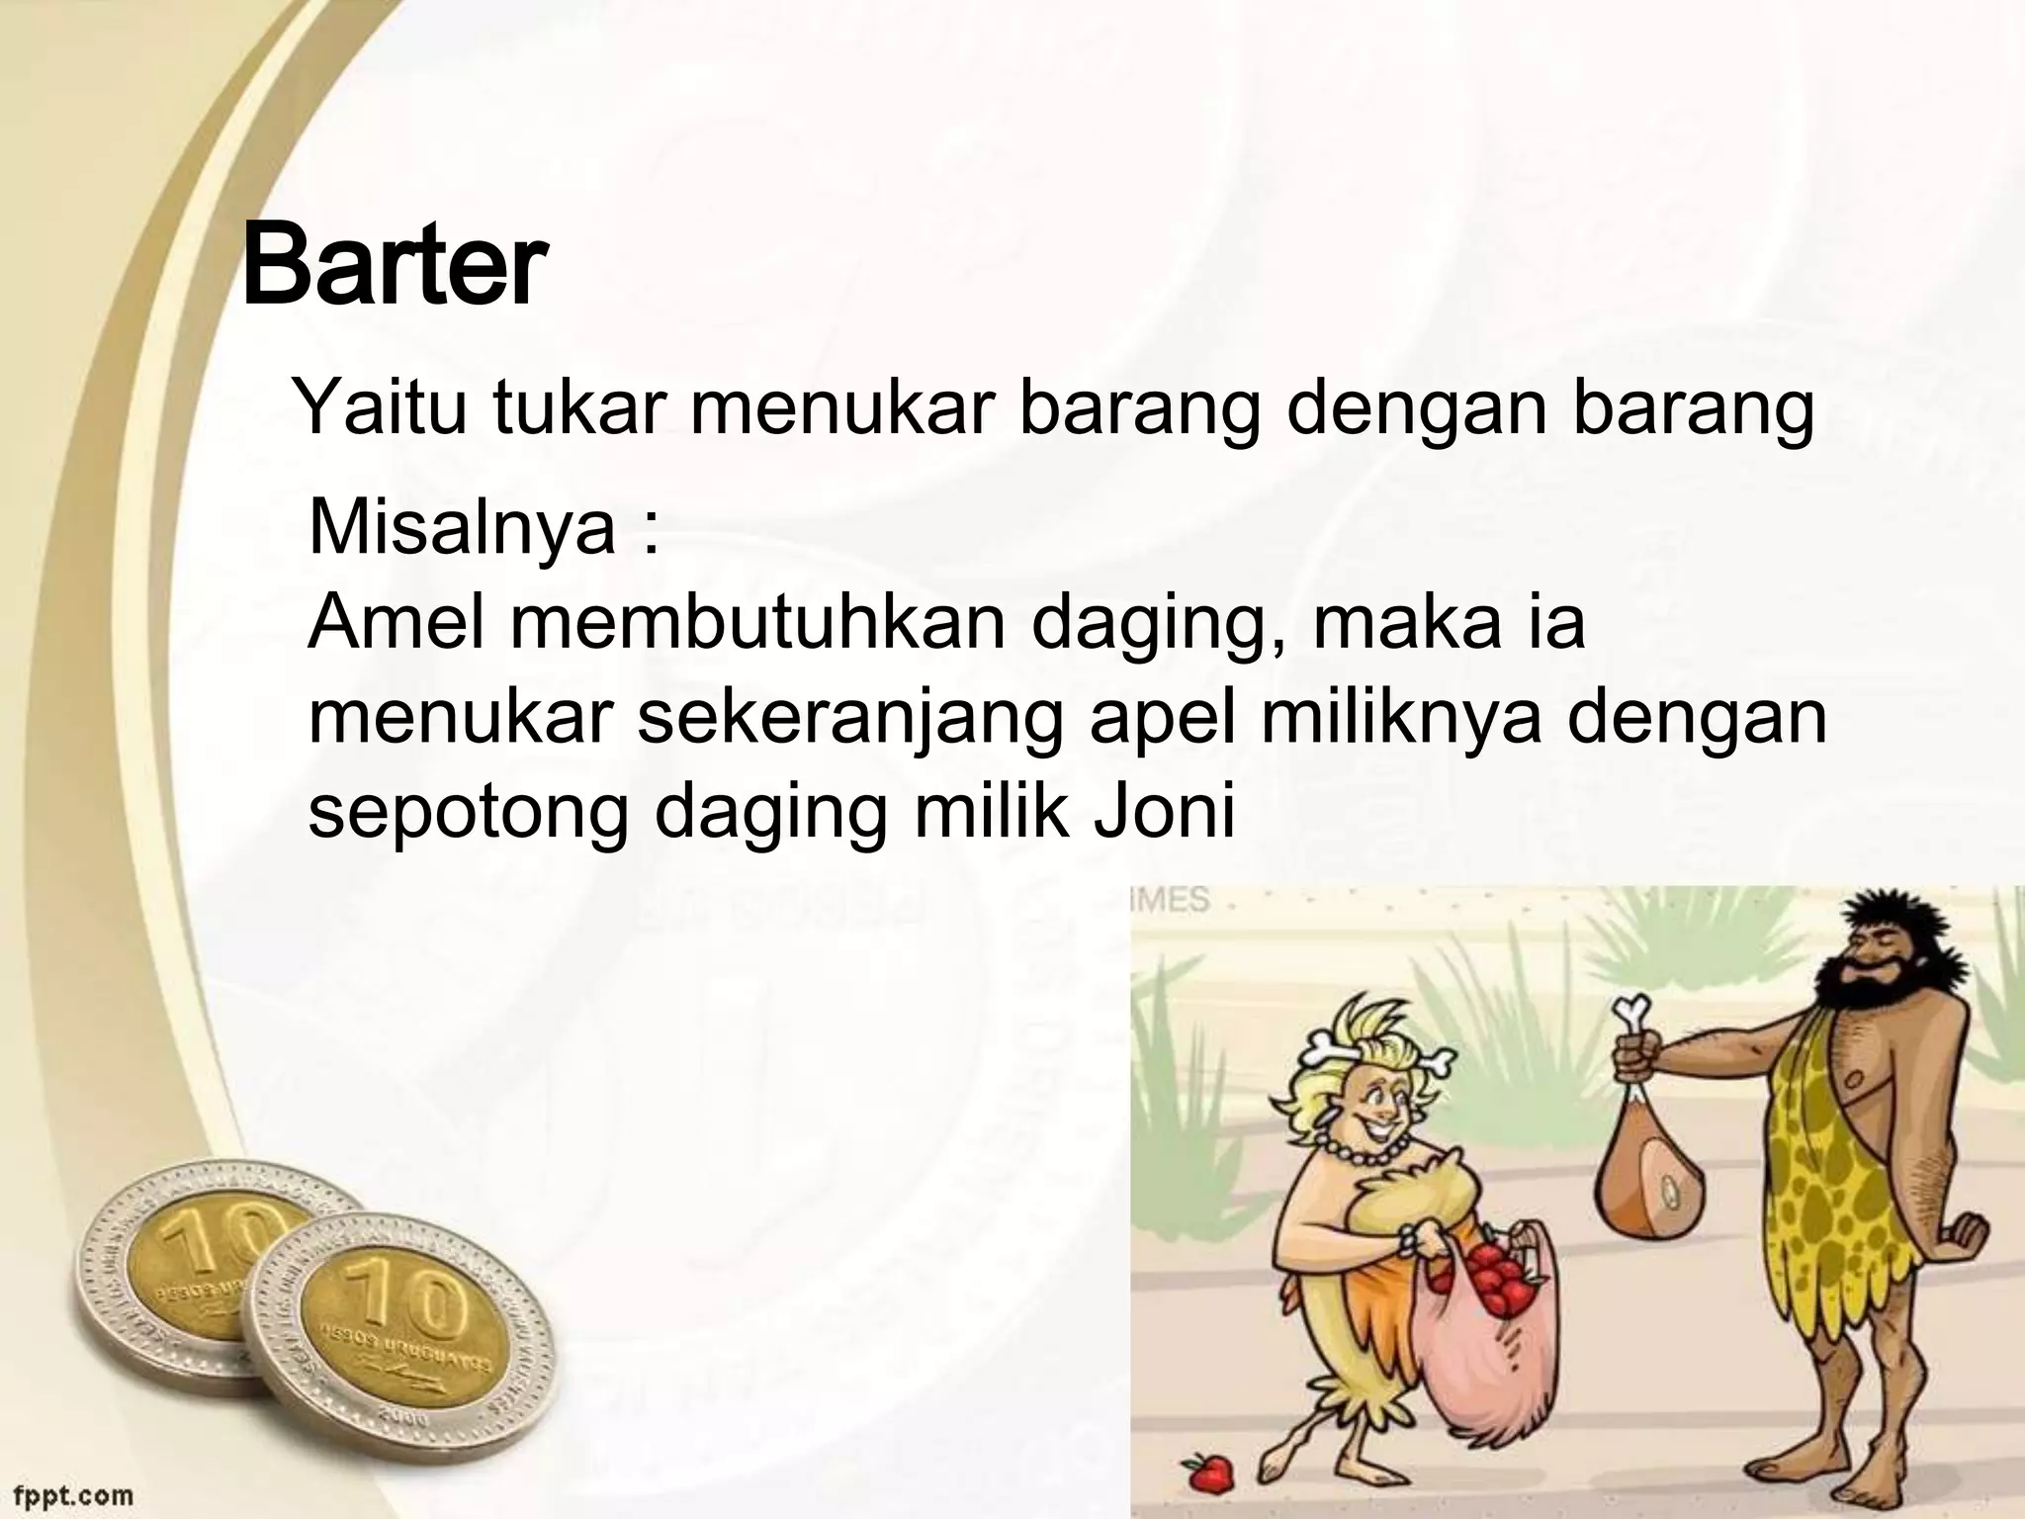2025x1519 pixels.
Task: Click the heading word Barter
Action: (x=394, y=267)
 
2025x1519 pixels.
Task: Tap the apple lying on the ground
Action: (x=1208, y=1475)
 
